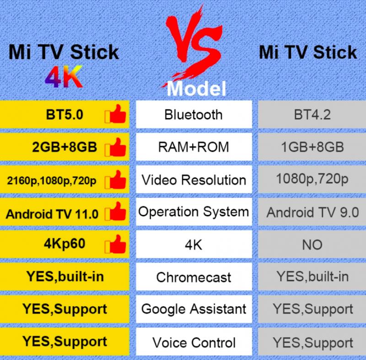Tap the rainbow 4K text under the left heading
tap(64, 76)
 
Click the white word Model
tap(196, 88)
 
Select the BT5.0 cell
tap(65, 114)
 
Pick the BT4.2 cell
tap(312, 114)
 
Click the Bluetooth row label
tap(194, 114)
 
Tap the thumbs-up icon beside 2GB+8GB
tap(115, 147)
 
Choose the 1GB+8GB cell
tap(312, 147)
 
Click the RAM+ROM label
tap(194, 147)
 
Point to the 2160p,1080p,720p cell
tap(65, 179)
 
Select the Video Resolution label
tap(194, 180)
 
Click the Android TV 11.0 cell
tap(65, 212)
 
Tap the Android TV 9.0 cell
tap(312, 212)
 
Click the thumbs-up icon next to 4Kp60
tap(115, 244)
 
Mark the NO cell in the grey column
tap(312, 244)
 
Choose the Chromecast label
tap(194, 277)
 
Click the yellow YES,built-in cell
tap(65, 277)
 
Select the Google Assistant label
tap(194, 309)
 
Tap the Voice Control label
tap(194, 343)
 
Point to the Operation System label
tap(194, 212)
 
